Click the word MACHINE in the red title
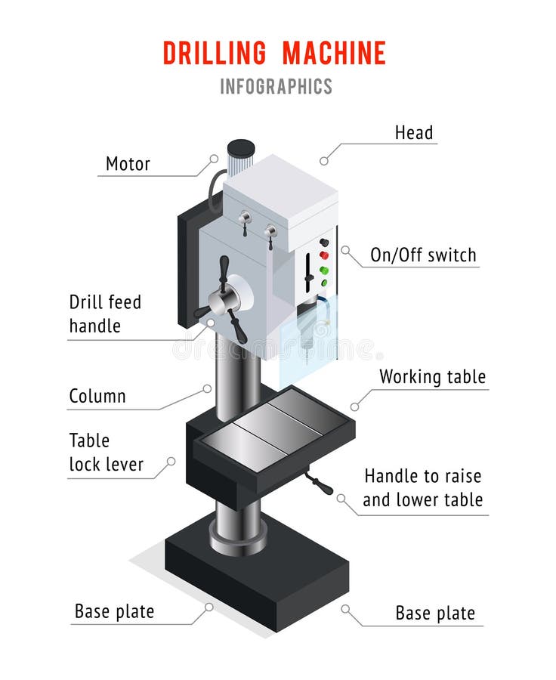[x=334, y=53]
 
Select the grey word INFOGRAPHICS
[x=276, y=86]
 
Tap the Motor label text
[x=128, y=164]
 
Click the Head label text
[x=414, y=133]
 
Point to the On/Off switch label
[x=423, y=255]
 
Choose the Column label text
[x=97, y=396]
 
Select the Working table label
[x=432, y=377]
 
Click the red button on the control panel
[x=324, y=255]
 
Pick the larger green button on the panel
[x=324, y=270]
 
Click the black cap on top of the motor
[x=241, y=147]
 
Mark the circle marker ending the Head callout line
[x=324, y=160]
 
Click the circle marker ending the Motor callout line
[x=214, y=159]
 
